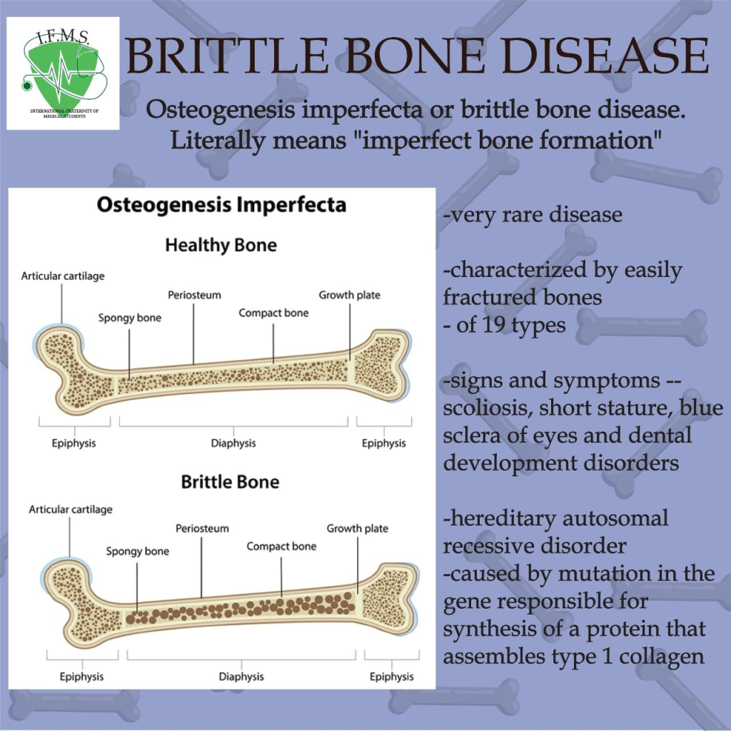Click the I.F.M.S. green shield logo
tap(63, 74)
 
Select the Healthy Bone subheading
tap(221, 246)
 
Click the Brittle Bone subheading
tap(231, 482)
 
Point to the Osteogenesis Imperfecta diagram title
tap(221, 205)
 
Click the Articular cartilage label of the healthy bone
tap(63, 276)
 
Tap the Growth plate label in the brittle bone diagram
tap(358, 528)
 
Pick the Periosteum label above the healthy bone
tap(194, 295)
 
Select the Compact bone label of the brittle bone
tap(281, 546)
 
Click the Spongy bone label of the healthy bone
tap(130, 318)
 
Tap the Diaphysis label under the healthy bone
tap(233, 443)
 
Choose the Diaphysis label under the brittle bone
tap(241, 677)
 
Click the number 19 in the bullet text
tap(494, 325)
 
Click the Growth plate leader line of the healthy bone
tap(350, 333)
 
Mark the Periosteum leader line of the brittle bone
tap(201, 568)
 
